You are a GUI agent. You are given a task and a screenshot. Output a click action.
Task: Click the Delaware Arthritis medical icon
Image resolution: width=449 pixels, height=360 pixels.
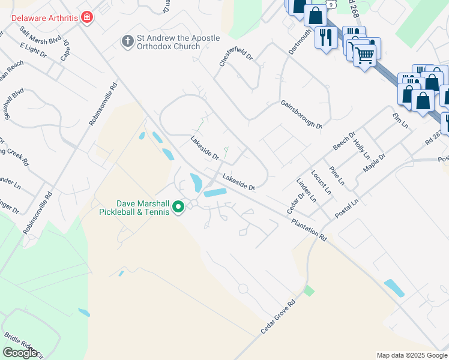tap(88, 17)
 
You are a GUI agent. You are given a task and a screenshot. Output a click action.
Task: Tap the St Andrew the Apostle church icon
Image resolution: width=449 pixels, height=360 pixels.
tap(127, 41)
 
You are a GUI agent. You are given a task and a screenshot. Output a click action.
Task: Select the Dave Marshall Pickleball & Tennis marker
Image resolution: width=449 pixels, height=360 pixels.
tap(178, 208)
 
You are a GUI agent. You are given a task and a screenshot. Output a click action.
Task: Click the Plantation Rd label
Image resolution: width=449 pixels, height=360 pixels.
tap(309, 230)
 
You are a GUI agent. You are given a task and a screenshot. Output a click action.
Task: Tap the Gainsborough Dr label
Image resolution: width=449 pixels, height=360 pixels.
tap(301, 114)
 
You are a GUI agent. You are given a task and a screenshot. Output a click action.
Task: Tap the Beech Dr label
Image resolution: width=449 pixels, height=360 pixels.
tap(344, 142)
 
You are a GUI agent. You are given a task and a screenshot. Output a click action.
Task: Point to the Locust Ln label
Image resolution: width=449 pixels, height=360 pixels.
tap(321, 182)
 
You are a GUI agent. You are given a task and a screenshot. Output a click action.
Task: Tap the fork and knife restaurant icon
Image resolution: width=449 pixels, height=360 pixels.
tap(326, 37)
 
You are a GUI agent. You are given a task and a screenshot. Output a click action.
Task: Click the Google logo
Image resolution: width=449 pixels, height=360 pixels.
tap(20, 352)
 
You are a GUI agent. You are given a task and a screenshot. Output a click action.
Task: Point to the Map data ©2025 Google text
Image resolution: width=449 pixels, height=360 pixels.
tap(411, 355)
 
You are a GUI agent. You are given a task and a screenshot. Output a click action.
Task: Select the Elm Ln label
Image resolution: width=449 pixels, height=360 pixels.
tap(400, 121)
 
